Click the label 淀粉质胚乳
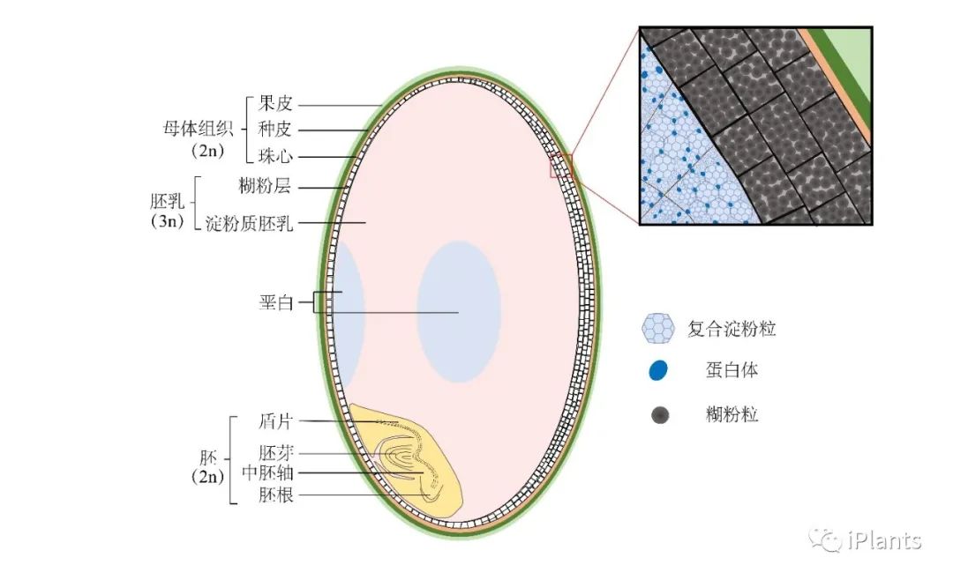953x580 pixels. click(x=249, y=222)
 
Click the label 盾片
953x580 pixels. click(x=275, y=421)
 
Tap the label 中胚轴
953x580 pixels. click(x=267, y=473)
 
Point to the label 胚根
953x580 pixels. click(x=275, y=495)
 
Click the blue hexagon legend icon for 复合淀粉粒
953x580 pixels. click(x=658, y=328)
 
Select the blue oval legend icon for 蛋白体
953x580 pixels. click(x=658, y=371)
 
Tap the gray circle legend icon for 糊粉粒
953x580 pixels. click(x=658, y=414)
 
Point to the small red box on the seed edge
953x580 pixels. click(x=561, y=165)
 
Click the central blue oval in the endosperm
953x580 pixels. click(x=458, y=312)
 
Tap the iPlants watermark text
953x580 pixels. click(x=883, y=540)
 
